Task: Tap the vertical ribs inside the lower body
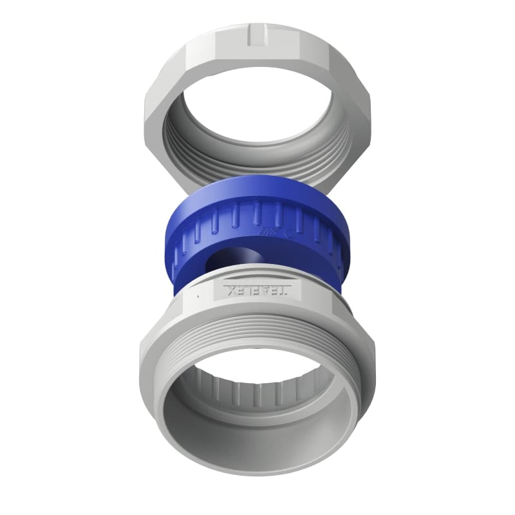(257, 390)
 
